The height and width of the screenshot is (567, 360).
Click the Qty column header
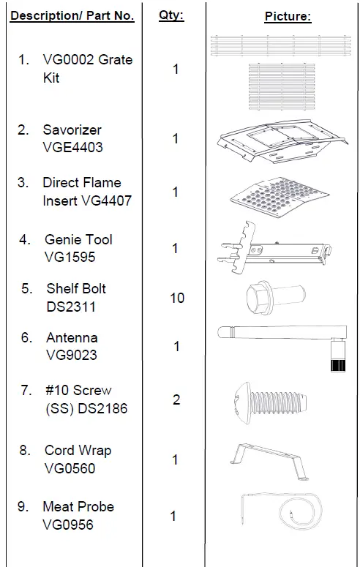(171, 15)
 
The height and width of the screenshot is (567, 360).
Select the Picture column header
(288, 16)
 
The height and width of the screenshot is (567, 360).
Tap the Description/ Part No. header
(72, 15)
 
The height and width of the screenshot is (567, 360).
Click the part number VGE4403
(72, 147)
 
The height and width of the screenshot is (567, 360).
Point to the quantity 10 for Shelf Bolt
(177, 298)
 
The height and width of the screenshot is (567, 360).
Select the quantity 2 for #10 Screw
(176, 399)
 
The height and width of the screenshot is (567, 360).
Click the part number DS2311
(71, 307)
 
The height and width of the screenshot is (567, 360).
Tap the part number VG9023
(72, 355)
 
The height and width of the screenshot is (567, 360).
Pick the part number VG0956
(68, 525)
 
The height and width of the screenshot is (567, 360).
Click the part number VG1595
(70, 257)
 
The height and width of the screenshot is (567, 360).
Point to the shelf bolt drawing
(276, 298)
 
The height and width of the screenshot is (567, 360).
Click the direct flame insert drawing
(280, 197)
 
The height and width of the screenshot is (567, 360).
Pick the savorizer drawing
(282, 140)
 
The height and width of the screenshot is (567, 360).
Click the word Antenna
(72, 337)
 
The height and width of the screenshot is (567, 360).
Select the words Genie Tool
(78, 239)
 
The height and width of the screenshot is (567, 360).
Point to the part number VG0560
(70, 468)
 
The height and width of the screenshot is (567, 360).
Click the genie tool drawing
(275, 249)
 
